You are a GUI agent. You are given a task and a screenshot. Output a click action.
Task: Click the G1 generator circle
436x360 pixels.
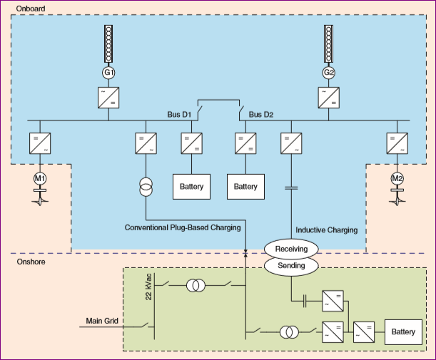pyautogui.click(x=108, y=73)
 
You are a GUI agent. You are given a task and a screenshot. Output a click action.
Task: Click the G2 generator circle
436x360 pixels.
pyautogui.click(x=329, y=73)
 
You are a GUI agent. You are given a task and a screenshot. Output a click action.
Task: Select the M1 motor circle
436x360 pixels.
pyautogui.click(x=39, y=178)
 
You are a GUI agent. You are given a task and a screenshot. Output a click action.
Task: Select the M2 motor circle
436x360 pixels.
pyautogui.click(x=397, y=178)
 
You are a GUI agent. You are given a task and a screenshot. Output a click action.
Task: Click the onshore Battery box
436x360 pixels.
pyautogui.click(x=403, y=332)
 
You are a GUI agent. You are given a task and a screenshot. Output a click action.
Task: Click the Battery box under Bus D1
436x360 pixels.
pyautogui.click(x=192, y=187)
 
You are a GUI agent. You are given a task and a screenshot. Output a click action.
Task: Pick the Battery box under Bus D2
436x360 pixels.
pyautogui.click(x=245, y=187)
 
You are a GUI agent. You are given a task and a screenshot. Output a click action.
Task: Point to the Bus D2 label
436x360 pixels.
pyautogui.click(x=261, y=114)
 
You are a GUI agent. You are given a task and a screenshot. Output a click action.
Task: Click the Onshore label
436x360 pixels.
pyautogui.click(x=31, y=262)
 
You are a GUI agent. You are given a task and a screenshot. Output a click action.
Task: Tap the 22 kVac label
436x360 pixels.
pyautogui.click(x=148, y=286)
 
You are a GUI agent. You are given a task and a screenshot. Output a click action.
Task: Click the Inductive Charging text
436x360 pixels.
pyautogui.click(x=326, y=230)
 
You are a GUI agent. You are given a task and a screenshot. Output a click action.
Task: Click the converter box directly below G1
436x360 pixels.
pyautogui.click(x=108, y=97)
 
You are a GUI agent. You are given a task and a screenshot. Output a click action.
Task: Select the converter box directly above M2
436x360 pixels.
pyautogui.click(x=397, y=143)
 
